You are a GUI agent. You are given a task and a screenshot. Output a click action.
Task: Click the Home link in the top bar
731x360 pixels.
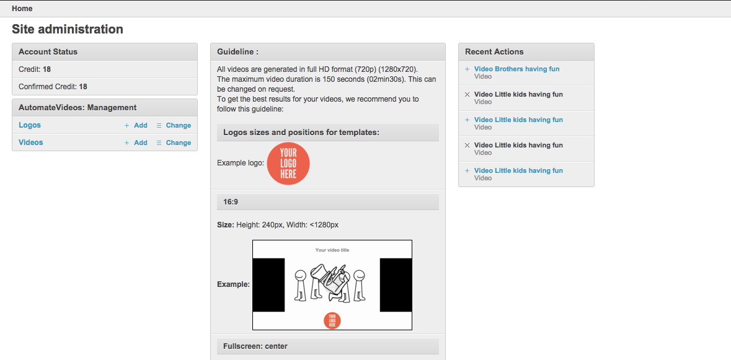coord(22,9)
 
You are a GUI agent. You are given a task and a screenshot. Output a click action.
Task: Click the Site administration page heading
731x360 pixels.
coord(68,29)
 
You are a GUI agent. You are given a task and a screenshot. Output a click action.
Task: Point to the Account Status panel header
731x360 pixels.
coord(104,51)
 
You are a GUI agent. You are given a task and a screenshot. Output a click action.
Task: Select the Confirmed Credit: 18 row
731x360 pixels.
coord(104,86)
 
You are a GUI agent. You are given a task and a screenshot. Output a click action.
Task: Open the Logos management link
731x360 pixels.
coord(29,125)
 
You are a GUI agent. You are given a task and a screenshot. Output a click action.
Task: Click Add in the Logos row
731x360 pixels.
coord(136,125)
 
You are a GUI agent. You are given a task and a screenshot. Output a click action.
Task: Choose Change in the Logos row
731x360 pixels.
coord(174,125)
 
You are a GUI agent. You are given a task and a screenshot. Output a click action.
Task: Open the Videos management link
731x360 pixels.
coord(31,142)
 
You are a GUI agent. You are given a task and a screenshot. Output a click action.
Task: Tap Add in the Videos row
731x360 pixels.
coord(136,143)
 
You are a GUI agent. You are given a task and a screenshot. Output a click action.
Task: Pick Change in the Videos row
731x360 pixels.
coord(174,143)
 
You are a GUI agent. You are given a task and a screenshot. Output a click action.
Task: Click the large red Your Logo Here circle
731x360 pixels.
coord(288,164)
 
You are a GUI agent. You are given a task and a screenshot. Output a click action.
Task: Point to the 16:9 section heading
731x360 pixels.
coord(328,202)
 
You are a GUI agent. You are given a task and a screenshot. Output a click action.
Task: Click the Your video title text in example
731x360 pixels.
coord(332,250)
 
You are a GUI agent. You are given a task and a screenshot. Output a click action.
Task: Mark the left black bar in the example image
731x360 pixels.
coord(268,285)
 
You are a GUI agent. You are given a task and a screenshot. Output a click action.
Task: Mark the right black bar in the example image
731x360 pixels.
coord(396,285)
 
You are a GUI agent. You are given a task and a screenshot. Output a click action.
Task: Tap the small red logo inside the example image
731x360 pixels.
coord(332,320)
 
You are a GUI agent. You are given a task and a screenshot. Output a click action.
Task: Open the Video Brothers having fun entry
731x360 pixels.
coord(516,69)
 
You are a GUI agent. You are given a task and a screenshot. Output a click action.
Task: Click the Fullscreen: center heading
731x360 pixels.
coord(328,346)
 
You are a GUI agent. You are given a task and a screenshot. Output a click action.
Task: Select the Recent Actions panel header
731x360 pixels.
coord(526,51)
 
